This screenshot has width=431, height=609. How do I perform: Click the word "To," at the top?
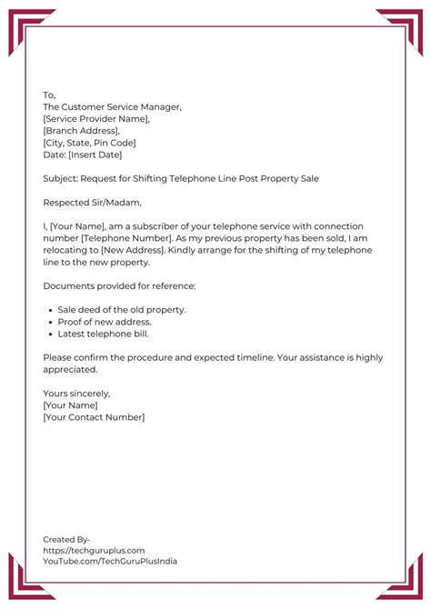tap(49, 95)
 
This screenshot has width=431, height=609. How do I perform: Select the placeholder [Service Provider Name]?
tap(96, 119)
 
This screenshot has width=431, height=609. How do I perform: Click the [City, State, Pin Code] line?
tap(89, 143)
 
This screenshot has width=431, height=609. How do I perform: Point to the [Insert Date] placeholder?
tap(95, 155)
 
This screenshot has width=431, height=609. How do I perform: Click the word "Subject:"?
tap(61, 178)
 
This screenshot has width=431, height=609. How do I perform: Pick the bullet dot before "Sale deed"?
tap(48, 310)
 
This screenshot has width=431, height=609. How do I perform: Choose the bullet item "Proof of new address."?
tap(105, 322)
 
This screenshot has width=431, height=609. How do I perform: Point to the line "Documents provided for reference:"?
tap(119, 286)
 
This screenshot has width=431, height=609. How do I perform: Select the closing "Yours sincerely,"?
tap(76, 394)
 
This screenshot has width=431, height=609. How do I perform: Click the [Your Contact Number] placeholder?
tap(94, 417)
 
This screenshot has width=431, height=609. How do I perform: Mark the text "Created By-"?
tap(66, 539)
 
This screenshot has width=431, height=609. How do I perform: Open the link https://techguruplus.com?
tap(94, 550)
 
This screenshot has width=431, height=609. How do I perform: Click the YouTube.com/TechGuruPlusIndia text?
tap(110, 561)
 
